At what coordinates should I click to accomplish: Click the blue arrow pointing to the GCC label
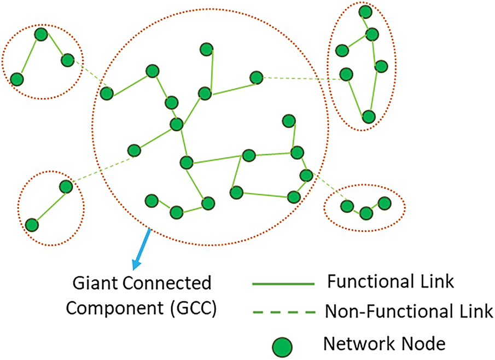[142, 249]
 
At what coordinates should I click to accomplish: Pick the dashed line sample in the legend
[283, 313]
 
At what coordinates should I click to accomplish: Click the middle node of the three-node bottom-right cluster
[366, 212]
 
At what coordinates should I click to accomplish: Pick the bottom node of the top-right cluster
[369, 117]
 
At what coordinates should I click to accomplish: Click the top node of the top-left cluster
[41, 34]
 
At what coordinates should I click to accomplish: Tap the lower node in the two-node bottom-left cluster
[32, 225]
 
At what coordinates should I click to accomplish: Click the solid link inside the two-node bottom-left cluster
[49, 206]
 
